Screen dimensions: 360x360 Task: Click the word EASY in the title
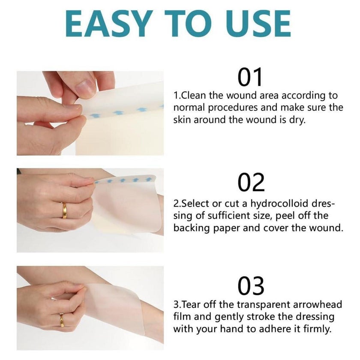tap(109, 24)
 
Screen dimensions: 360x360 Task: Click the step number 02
tap(251, 182)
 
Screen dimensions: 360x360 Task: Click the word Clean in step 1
tap(193, 95)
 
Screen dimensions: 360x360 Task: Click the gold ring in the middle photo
tap(64, 210)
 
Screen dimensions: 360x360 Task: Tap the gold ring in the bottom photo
tap(62, 320)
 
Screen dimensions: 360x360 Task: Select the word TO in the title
tap(190, 24)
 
